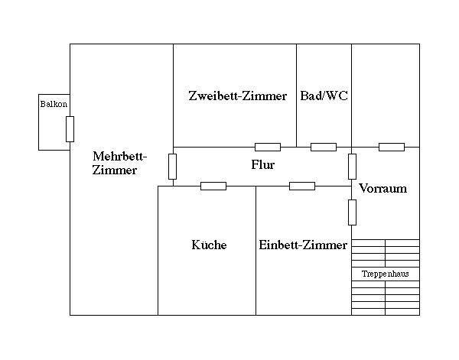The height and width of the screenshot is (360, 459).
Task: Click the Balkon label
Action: pos(48,103)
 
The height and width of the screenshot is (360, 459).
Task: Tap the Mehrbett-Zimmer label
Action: pos(119,164)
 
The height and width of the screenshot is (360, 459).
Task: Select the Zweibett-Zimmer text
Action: pos(237,96)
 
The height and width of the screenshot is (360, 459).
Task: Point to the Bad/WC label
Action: pos(324,96)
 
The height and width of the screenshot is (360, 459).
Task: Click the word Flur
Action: pos(262,164)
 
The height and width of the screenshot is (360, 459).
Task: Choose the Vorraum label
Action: pos(382,188)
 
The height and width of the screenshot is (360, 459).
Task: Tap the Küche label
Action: pos(209,245)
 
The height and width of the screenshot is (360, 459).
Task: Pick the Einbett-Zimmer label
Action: pos(303,245)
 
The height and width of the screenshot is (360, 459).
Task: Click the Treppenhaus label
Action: pos(386,274)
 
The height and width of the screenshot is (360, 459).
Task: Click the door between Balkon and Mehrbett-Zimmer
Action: pos(70,129)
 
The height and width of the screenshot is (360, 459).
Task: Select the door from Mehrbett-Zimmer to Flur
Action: pos(173,166)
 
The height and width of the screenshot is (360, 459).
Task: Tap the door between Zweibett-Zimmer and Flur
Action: pos(267,147)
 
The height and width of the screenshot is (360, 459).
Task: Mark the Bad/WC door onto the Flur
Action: pos(324,147)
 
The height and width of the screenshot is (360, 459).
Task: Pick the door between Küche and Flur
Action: pos(213,186)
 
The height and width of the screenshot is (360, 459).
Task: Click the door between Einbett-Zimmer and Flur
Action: pos(302,186)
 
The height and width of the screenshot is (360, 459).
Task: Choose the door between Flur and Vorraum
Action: pos(352,166)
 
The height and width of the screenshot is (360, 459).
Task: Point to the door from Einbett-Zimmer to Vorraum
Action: pos(352,212)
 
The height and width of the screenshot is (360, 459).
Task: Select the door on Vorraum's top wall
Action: pos(392,147)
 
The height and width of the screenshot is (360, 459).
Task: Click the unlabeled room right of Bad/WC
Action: pos(386,96)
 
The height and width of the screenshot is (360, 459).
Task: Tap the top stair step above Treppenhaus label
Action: pos(386,242)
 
